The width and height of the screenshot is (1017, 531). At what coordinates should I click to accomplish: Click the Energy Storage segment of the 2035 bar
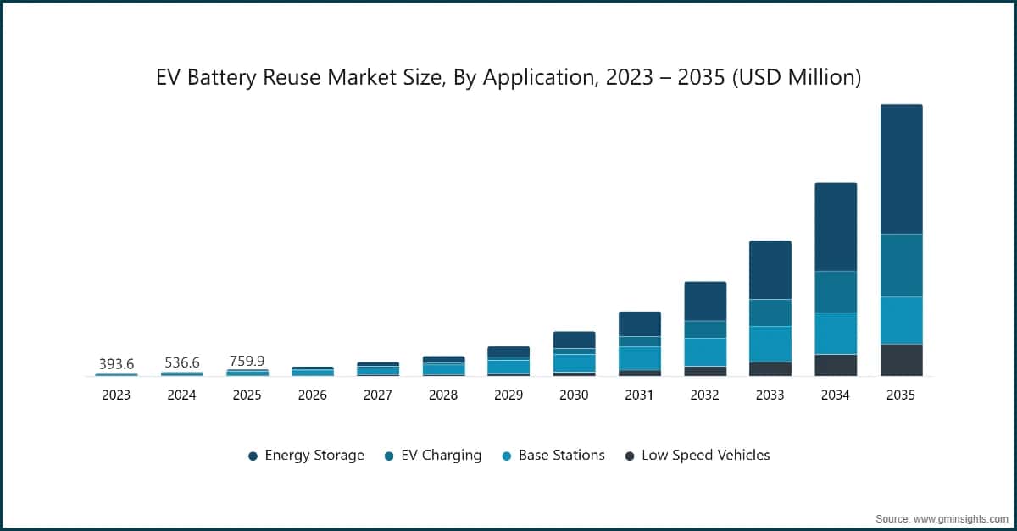(x=901, y=169)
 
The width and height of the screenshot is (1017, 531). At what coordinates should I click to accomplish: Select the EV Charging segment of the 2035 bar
(x=901, y=265)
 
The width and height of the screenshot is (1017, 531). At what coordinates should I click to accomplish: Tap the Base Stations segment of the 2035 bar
(x=901, y=320)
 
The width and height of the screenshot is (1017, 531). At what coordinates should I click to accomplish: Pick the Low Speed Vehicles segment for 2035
(x=901, y=360)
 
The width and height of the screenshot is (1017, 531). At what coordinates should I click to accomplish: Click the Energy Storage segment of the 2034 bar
(x=836, y=227)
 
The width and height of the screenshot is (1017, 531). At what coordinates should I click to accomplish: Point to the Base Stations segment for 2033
(x=770, y=344)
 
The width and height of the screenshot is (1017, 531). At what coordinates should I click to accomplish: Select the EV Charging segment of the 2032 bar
(x=705, y=329)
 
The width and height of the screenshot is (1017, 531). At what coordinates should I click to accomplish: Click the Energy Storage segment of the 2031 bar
(x=639, y=324)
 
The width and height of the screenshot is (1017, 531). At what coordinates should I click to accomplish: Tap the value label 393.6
(x=116, y=364)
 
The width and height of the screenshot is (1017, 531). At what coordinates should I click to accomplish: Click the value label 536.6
(x=181, y=363)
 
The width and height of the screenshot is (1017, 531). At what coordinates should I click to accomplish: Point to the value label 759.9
(x=247, y=361)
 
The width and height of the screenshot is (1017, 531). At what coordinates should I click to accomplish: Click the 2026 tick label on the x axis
(x=313, y=395)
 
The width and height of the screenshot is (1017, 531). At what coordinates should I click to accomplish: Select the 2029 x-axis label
(x=508, y=395)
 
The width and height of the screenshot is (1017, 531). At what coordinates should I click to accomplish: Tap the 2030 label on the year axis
(x=574, y=395)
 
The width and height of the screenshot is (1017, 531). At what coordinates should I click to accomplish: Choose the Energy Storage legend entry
(x=306, y=456)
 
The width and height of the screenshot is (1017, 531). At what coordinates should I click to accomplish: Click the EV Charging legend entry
(x=433, y=456)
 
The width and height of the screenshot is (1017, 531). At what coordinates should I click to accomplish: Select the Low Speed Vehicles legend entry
(x=697, y=456)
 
